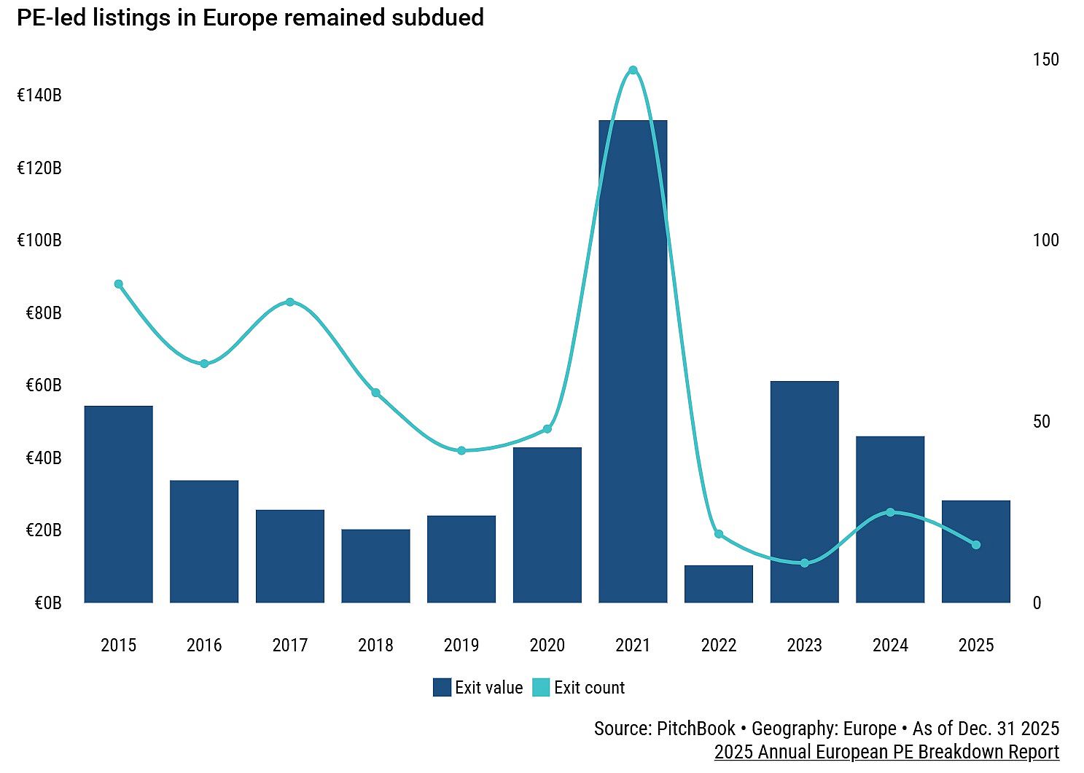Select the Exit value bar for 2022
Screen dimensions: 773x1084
tap(718, 584)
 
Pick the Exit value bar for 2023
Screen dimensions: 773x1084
tap(804, 492)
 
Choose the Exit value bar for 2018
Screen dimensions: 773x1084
tap(375, 566)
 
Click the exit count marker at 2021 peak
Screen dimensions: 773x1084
tap(633, 71)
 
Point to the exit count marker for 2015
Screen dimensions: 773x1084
tap(119, 284)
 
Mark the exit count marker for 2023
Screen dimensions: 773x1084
tap(804, 563)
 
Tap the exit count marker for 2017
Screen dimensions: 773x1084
tap(290, 302)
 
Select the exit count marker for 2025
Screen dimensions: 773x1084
tap(975, 545)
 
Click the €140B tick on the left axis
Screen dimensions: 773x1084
tap(39, 95)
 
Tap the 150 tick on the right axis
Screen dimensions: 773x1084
tap(1045, 60)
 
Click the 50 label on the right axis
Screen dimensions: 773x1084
tap(1041, 422)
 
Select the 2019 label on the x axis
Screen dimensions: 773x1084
tap(461, 646)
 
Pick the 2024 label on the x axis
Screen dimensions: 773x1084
tap(890, 646)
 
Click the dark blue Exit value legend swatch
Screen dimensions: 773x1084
tap(442, 688)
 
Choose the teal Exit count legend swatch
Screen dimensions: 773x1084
tap(541, 688)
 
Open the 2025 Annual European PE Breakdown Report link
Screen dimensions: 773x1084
tap(886, 752)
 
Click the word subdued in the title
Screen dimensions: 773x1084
tap(437, 17)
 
